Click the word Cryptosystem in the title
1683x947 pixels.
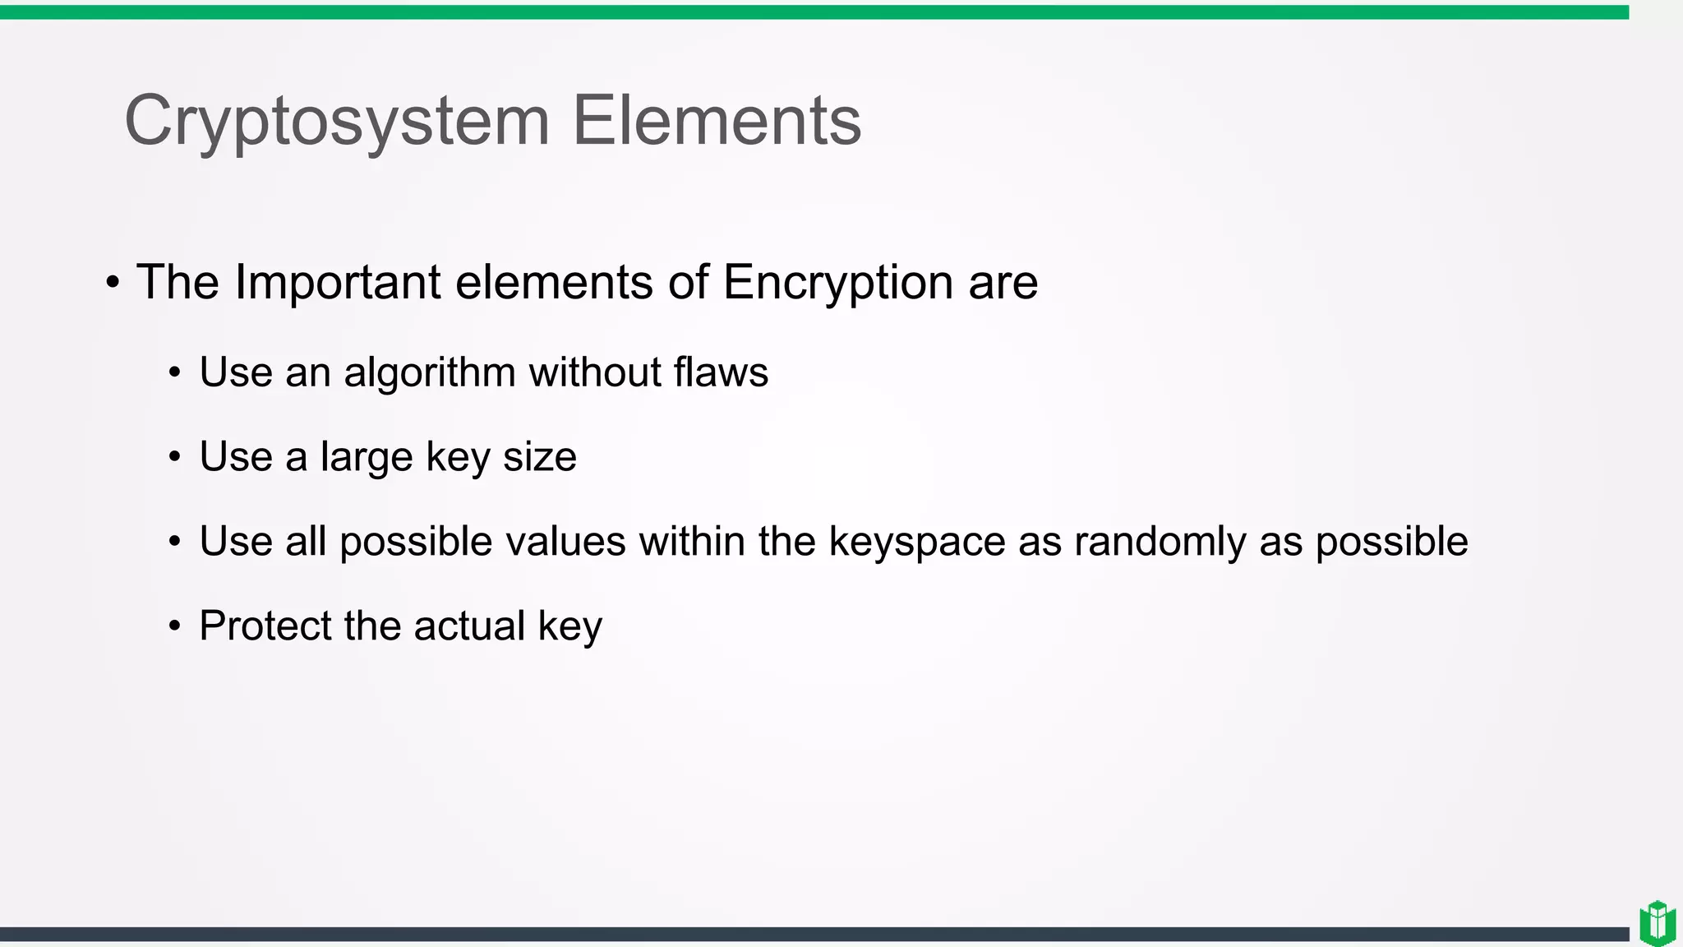(x=336, y=121)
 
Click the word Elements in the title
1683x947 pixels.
(x=716, y=121)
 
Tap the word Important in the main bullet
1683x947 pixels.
(x=338, y=282)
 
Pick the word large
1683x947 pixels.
(x=367, y=458)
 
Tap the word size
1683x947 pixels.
(x=539, y=457)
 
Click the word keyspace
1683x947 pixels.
(x=917, y=543)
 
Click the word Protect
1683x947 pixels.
(x=265, y=626)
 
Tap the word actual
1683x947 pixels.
(x=469, y=626)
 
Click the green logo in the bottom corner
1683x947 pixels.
(x=1657, y=922)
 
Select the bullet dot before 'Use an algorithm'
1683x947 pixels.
(x=174, y=373)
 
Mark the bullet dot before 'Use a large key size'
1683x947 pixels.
(x=174, y=458)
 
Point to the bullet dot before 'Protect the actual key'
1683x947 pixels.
(x=174, y=627)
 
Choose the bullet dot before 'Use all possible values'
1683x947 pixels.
(x=174, y=543)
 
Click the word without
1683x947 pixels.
(x=595, y=372)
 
